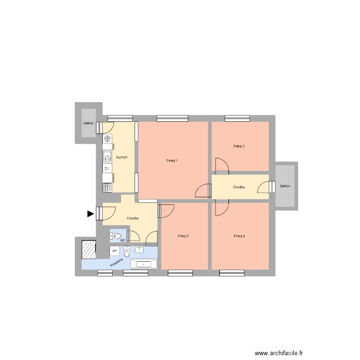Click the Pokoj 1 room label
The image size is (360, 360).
tap(172, 160)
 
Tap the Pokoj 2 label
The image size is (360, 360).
tap(183, 236)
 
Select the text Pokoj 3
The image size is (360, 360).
tap(239, 146)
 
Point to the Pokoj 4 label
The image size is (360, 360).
tap(239, 236)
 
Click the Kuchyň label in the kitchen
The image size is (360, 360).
tap(121, 157)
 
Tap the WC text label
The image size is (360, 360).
tap(123, 240)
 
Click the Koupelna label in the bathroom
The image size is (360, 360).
tap(117, 263)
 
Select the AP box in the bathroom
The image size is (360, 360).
tap(114, 251)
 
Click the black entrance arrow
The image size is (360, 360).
tap(90, 214)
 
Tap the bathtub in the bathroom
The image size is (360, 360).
tap(144, 264)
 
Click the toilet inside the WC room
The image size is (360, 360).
tap(117, 236)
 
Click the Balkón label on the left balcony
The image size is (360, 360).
tap(88, 123)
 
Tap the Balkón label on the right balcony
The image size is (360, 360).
tap(286, 186)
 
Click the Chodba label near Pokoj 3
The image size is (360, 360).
tap(239, 187)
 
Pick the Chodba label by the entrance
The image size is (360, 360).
tap(133, 218)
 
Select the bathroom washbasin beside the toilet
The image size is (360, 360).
tap(139, 250)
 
